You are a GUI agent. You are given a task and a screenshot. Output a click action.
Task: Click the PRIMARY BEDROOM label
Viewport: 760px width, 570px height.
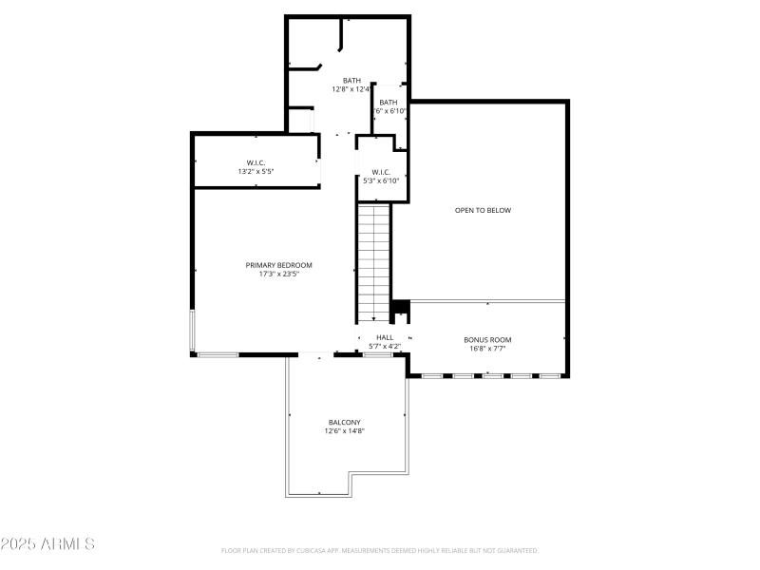coord(278,265)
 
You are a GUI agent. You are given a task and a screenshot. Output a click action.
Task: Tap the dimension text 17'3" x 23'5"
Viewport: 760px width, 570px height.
coord(278,275)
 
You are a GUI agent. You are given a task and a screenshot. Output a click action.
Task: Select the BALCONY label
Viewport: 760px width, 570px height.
coord(345,422)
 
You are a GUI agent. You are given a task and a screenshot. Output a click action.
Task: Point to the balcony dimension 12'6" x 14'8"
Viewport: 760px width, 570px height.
coord(345,431)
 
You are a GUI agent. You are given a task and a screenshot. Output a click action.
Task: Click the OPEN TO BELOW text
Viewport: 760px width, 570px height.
coord(483,210)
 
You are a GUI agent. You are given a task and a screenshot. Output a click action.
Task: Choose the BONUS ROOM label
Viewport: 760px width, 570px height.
coord(487,339)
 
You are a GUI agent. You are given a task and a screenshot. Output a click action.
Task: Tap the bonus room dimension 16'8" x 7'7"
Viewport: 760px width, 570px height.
coord(487,349)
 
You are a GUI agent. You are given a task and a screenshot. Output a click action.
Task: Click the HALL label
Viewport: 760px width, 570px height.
coord(385,337)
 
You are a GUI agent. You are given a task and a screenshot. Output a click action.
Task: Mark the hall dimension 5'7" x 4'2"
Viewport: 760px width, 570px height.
coord(385,346)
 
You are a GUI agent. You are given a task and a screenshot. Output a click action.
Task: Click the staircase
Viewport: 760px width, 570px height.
coord(374,262)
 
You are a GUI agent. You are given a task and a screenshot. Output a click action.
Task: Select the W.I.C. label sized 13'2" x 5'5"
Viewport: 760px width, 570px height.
coord(256,162)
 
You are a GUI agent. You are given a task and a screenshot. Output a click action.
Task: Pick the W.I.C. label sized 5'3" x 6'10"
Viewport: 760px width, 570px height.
coord(381,172)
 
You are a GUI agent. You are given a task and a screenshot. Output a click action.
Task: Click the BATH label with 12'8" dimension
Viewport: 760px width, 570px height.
coord(351,81)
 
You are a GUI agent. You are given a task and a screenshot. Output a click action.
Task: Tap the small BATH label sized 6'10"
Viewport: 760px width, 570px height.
coord(389,102)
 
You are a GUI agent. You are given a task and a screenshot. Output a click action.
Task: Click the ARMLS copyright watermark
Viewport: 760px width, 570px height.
coord(47,544)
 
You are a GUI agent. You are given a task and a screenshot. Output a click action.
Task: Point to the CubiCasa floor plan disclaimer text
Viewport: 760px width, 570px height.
coord(380,550)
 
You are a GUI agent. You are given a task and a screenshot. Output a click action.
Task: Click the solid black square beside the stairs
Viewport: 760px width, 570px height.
coord(401,307)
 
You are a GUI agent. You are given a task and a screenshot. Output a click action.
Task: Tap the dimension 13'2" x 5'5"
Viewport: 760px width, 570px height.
coord(256,172)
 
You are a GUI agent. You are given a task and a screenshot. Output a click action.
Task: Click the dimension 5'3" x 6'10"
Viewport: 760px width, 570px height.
coord(381,180)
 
